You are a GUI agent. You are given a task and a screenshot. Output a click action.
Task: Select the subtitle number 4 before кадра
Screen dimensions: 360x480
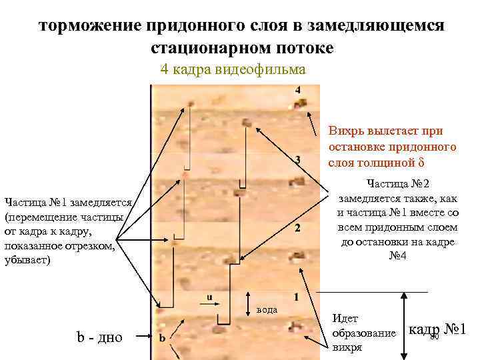point(165,69)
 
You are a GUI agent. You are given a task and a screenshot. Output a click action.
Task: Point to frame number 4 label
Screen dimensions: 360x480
point(297,90)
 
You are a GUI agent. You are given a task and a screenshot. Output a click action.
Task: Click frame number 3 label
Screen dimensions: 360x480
point(297,159)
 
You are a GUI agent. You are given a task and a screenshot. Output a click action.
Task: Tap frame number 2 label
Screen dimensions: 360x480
point(297,228)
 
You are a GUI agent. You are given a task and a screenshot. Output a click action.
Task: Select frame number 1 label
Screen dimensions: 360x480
point(296,296)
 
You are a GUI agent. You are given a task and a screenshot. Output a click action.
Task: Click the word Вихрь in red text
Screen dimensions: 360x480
point(347,131)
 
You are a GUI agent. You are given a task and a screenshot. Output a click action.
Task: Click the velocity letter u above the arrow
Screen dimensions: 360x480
point(209,297)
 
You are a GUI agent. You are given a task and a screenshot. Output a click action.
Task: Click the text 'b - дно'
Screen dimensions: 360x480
point(100,337)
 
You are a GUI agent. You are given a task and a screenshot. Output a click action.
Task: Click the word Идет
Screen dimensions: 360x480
point(345,319)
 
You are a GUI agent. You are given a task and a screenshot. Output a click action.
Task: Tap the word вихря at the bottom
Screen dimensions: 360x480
point(347,347)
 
